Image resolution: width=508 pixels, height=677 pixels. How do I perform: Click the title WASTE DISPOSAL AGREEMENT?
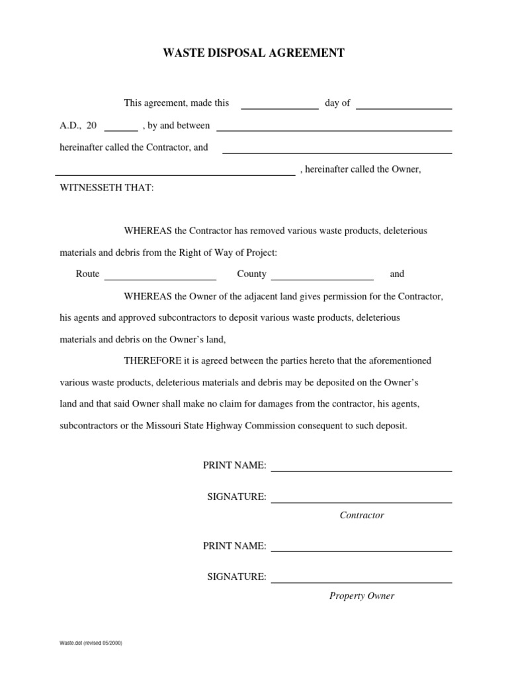tap(254, 54)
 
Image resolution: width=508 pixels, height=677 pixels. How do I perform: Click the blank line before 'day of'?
tap(279, 106)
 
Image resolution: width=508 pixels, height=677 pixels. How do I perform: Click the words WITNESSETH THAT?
tap(106, 188)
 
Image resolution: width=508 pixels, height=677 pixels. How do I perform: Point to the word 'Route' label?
tap(87, 274)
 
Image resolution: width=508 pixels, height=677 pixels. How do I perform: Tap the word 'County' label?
tap(251, 274)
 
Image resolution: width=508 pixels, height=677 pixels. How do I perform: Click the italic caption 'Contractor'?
tap(362, 515)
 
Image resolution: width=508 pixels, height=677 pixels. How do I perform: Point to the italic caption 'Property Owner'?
tap(362, 596)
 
